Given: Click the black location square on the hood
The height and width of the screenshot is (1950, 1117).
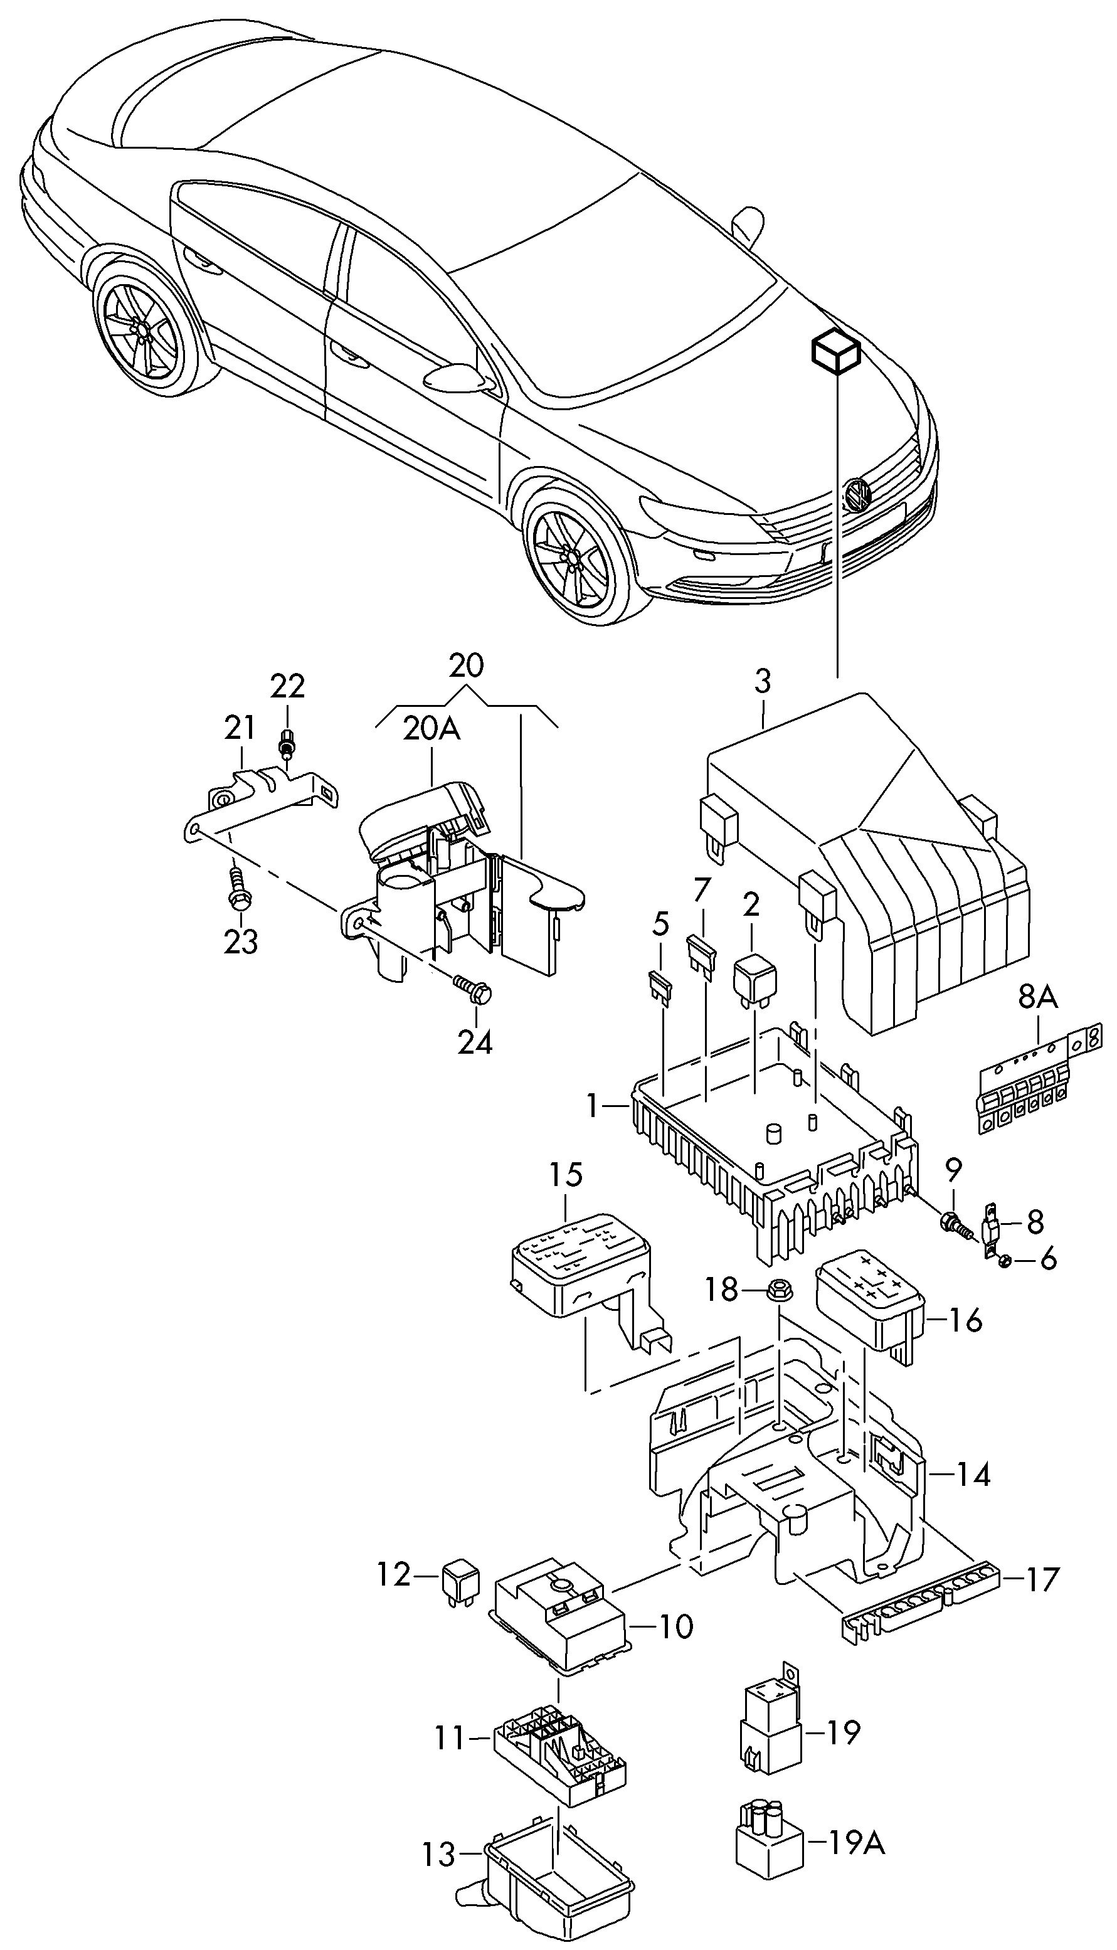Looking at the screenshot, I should pos(836,351).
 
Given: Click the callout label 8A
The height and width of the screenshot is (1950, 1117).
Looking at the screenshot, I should pos(1037,997).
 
